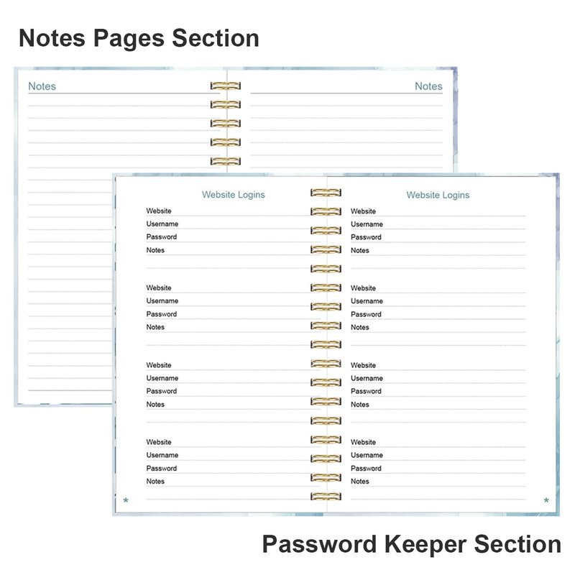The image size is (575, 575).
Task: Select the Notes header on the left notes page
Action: (x=42, y=86)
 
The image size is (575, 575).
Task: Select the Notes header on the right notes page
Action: (x=428, y=86)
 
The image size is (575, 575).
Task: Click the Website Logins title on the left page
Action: (x=233, y=195)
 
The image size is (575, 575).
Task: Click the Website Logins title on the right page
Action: (x=438, y=195)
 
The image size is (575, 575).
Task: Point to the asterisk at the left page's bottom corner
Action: (x=126, y=500)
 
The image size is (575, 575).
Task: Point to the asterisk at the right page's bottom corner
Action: (x=546, y=500)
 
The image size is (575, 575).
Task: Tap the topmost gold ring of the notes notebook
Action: (x=226, y=86)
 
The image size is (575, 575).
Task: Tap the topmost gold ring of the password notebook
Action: (x=326, y=193)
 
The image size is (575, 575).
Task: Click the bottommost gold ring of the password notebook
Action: (x=326, y=496)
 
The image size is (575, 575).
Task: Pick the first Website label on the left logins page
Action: (x=159, y=211)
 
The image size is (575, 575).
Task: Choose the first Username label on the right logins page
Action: (x=367, y=224)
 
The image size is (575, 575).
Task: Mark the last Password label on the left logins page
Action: (x=161, y=469)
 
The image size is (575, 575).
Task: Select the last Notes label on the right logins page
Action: (x=360, y=481)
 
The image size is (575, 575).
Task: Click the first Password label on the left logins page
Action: (x=161, y=237)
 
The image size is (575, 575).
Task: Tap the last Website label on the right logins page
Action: (x=363, y=442)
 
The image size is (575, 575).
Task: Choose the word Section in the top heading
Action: (x=216, y=38)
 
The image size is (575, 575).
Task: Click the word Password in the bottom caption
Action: (x=319, y=544)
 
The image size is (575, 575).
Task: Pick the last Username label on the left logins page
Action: (x=162, y=455)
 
